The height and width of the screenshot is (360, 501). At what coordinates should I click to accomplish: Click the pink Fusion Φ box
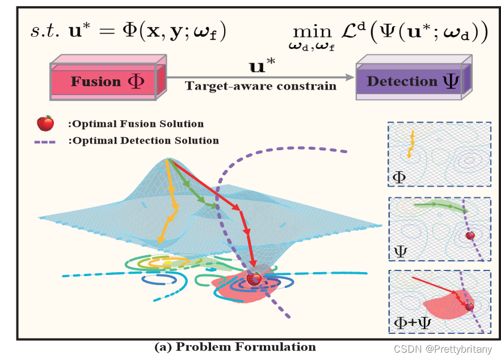tap(108, 81)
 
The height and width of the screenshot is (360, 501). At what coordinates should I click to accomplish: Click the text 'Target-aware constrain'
tap(260, 86)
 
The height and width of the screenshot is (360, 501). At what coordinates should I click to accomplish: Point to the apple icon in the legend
tap(45, 123)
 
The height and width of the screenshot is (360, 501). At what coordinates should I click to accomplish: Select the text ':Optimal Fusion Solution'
tap(135, 124)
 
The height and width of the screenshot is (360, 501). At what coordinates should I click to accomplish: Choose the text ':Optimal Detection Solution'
tap(142, 141)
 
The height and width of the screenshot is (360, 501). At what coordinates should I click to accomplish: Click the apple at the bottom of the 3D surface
tap(254, 278)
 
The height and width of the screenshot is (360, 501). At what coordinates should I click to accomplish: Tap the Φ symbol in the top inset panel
tap(399, 177)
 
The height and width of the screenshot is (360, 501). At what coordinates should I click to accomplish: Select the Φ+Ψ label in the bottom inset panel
tap(410, 323)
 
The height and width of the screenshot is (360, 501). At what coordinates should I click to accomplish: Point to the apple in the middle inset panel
tap(470, 235)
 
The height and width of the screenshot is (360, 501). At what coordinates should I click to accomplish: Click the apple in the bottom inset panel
tap(469, 307)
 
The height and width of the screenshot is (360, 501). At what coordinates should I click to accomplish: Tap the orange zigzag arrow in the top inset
tap(411, 142)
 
